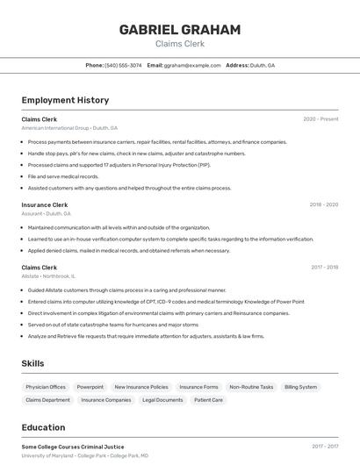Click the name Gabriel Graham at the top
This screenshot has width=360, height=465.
[179, 30]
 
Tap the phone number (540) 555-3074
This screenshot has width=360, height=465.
[123, 65]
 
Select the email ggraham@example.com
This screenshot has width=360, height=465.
[192, 65]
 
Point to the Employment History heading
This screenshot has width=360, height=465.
[65, 100]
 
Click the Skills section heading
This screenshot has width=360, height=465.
[32, 363]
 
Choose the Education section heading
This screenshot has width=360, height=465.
[43, 428]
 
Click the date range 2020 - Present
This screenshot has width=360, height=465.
[320, 118]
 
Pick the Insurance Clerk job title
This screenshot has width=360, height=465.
[44, 204]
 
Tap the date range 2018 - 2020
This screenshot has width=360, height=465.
[323, 204]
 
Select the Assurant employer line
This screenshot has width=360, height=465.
[46, 213]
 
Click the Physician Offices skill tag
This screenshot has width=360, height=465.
[46, 387]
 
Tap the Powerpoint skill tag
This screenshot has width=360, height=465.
[90, 387]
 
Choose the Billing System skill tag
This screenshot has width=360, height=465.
[301, 387]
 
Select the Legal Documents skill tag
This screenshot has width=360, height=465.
[162, 400]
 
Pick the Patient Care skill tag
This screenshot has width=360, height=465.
[209, 400]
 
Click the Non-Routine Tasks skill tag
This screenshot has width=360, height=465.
[251, 387]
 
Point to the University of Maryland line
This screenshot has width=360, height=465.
[85, 456]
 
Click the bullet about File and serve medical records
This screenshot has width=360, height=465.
[63, 176]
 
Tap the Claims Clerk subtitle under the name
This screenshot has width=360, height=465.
[179, 43]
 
